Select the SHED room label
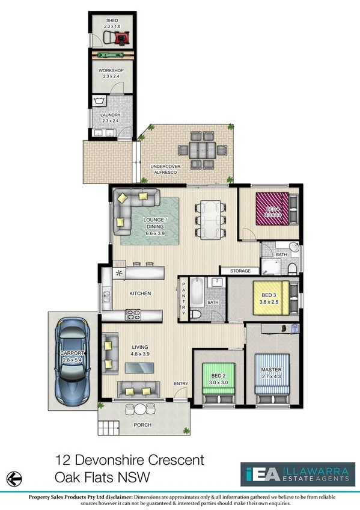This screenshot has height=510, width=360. click(x=112, y=19)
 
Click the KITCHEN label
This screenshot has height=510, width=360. click(x=139, y=293)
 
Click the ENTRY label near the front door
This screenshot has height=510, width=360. click(x=180, y=383)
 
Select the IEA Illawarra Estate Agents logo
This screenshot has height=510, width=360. click(x=295, y=475)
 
